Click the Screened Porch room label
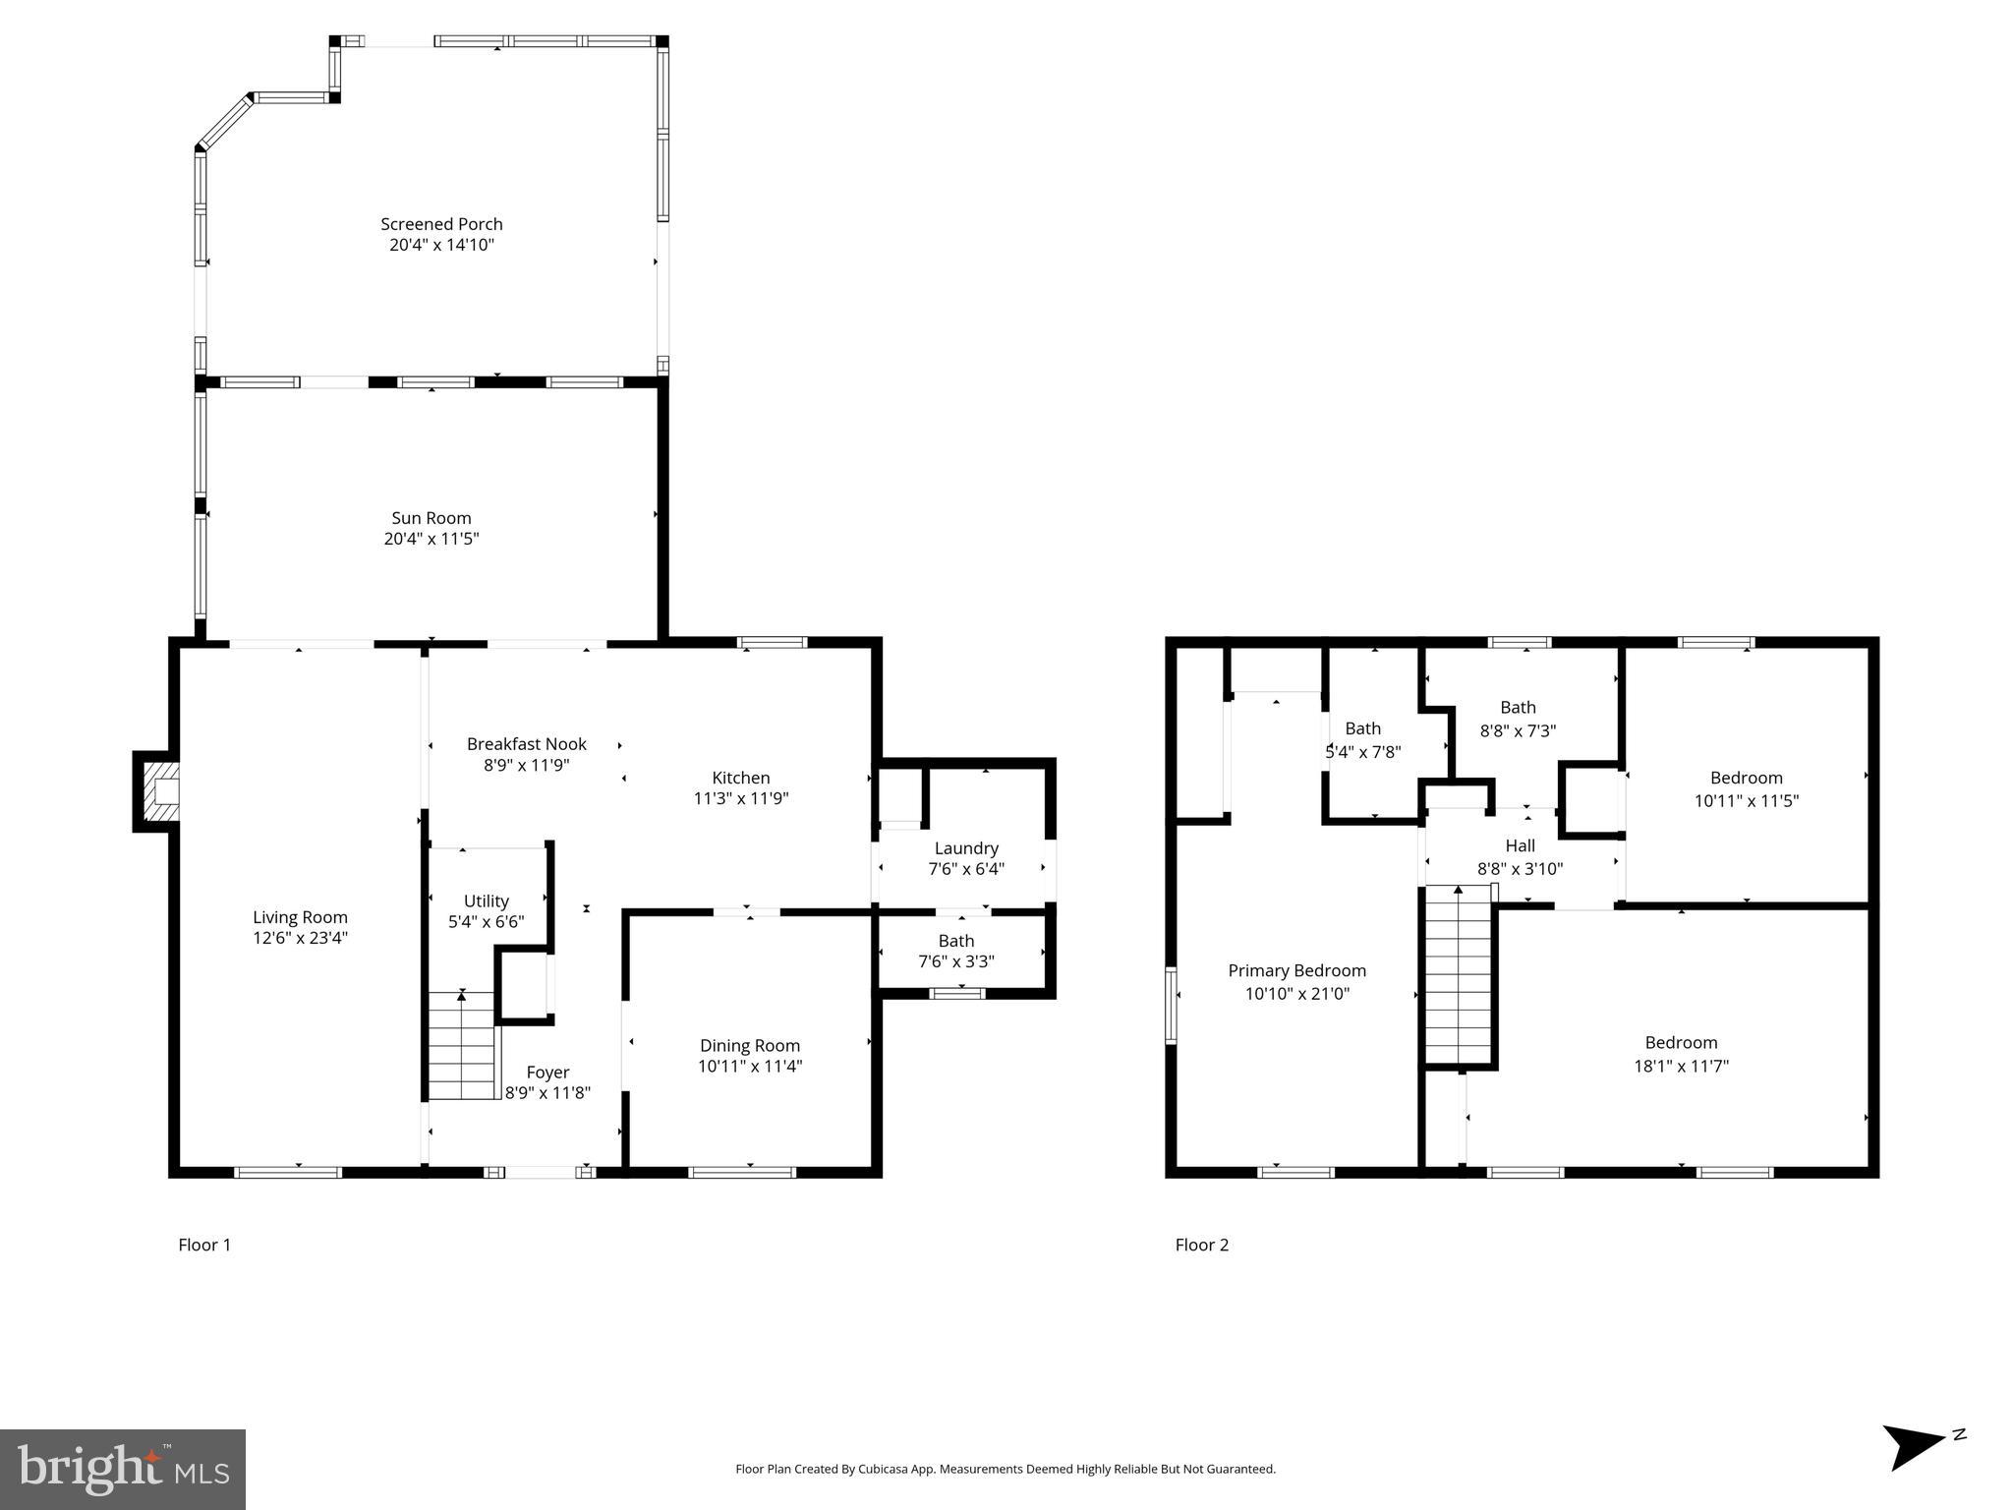click(441, 224)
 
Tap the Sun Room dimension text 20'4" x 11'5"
click(431, 539)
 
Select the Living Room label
click(300, 917)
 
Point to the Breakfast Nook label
click(526, 744)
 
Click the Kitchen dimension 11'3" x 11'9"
click(740, 799)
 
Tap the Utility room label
click(486, 900)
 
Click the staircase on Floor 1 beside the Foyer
click(462, 1047)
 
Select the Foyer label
click(547, 1073)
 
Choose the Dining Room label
click(749, 1046)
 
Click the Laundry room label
click(966, 848)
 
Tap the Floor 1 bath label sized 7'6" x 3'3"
click(955, 942)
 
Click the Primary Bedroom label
click(1296, 971)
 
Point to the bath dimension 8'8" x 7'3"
click(1518, 731)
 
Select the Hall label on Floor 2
click(1520, 845)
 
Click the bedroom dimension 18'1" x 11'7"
click(1681, 1066)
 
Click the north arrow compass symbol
click(1916, 1446)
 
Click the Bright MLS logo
click(123, 1469)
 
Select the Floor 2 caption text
click(1201, 1245)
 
